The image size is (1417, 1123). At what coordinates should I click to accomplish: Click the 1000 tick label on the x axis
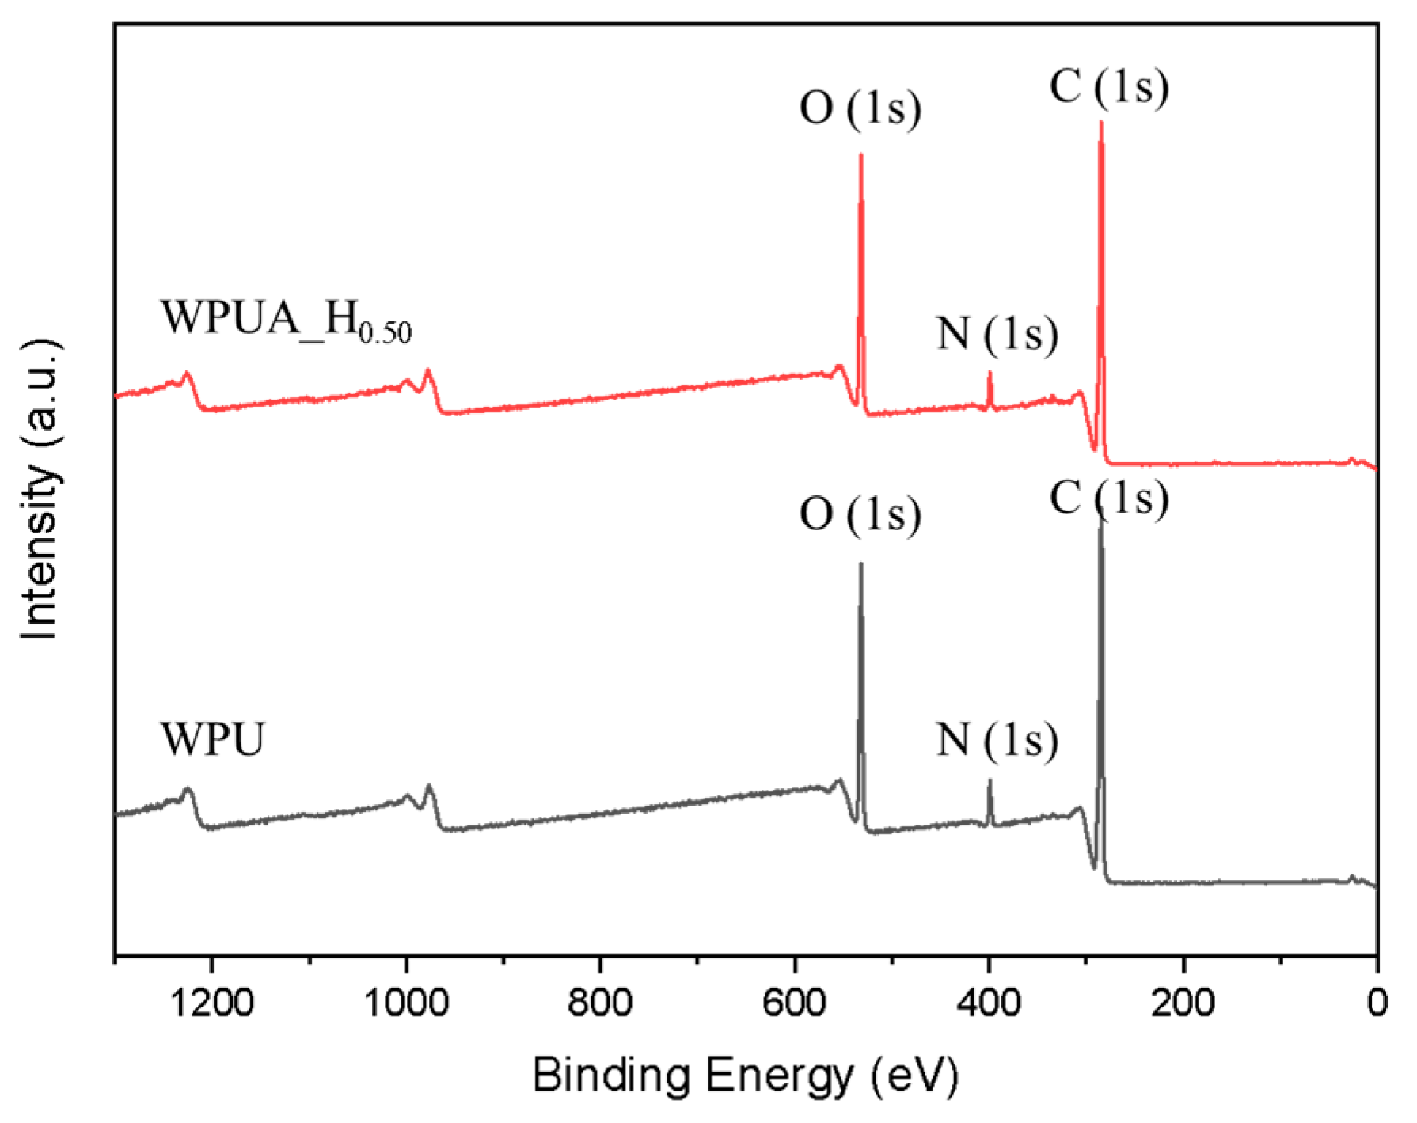point(405,1003)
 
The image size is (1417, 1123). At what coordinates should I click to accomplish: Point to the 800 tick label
point(600,1003)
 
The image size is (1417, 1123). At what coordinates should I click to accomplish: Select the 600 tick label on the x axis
point(795,1003)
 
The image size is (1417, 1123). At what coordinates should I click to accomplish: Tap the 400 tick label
point(989,1003)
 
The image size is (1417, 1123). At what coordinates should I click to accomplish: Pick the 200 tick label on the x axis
point(1183,1003)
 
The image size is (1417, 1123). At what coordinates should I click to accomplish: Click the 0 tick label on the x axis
point(1377,1003)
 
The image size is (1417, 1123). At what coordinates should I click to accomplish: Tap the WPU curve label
point(212,740)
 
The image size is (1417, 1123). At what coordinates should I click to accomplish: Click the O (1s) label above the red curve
point(860,108)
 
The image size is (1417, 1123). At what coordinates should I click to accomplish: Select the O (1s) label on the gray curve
point(860,514)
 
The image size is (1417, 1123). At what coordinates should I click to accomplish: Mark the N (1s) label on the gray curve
point(997,740)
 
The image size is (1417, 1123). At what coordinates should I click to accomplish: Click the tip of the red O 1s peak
point(860,155)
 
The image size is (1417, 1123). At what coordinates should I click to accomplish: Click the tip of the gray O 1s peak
point(860,564)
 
